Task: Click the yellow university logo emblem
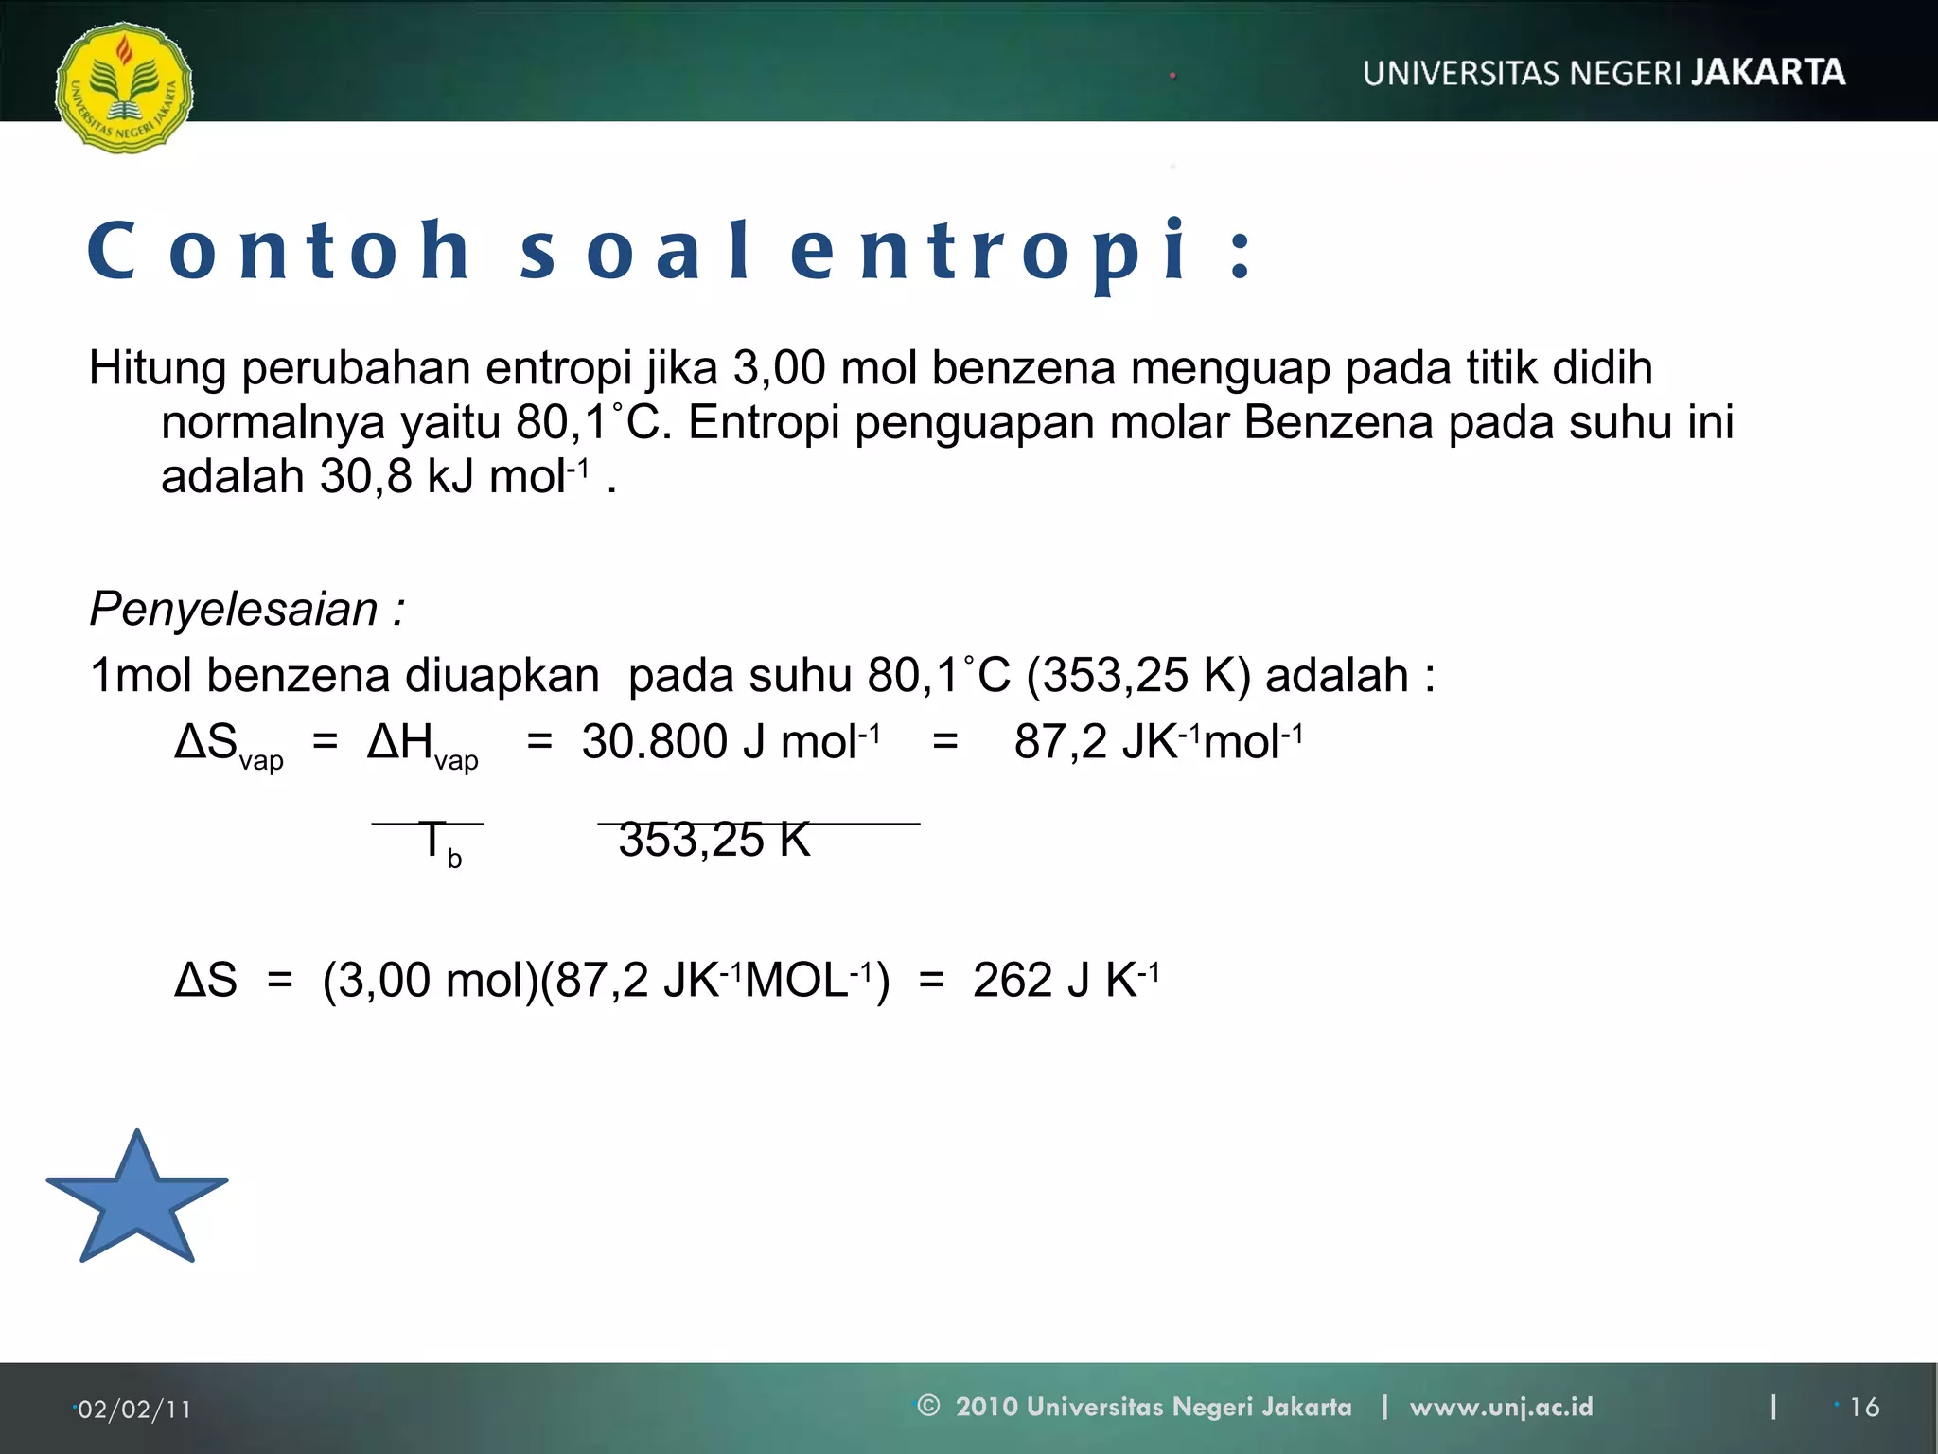[x=124, y=87]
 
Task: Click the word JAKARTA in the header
[x=1768, y=73]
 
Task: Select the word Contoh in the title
[x=279, y=251]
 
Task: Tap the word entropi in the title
[x=988, y=251]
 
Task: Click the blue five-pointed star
[x=137, y=1199]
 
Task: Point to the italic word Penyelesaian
[x=234, y=609]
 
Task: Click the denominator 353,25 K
[x=714, y=840]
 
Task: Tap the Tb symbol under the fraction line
[x=438, y=842]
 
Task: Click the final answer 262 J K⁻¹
[x=1066, y=981]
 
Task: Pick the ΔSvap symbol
[x=228, y=744]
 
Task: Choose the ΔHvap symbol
[x=422, y=744]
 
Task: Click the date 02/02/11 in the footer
[x=133, y=1410]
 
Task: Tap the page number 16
[x=1864, y=1408]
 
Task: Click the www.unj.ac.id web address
[x=1501, y=1407]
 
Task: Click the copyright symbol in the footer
[x=928, y=1406]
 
